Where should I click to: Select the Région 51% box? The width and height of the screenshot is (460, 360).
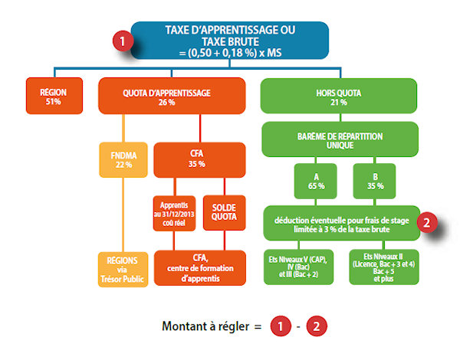pyautogui.click(x=53, y=96)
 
